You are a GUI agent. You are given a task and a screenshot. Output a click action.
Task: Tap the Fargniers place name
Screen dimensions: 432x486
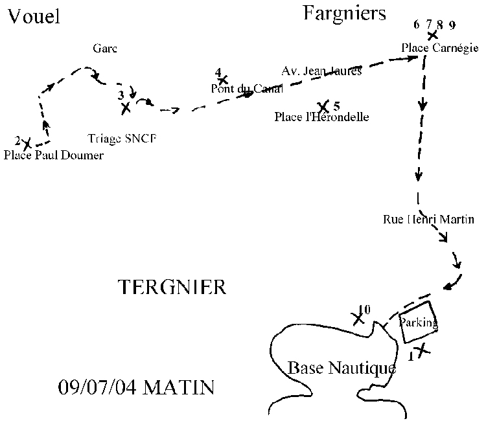[x=344, y=13]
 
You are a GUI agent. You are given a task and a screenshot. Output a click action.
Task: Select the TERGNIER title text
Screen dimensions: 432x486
[x=172, y=287]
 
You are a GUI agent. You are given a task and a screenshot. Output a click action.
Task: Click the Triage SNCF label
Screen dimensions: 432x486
[x=122, y=138]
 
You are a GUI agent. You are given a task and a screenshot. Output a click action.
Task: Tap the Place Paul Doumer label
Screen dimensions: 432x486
[x=53, y=155]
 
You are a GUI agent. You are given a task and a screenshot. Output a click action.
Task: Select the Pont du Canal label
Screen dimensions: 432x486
[x=247, y=89]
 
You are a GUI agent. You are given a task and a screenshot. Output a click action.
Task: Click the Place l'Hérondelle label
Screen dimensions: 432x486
[x=321, y=117]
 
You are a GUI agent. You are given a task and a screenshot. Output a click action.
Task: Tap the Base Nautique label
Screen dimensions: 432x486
[x=341, y=369]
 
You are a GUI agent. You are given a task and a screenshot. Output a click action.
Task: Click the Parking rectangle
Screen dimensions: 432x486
[x=417, y=322]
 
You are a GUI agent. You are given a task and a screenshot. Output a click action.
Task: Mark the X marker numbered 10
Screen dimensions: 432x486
[x=357, y=319]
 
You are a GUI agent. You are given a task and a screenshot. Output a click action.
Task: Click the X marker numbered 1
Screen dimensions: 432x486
[x=422, y=350]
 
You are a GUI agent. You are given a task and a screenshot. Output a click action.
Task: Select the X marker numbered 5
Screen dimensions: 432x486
[x=323, y=106]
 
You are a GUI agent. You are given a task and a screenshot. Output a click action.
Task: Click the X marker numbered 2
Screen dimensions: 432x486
[x=27, y=144]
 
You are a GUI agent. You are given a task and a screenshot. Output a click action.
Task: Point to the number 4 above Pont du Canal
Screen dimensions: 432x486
[x=218, y=72]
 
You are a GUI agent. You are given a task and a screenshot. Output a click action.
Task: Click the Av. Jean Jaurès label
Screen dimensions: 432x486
[x=321, y=71]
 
